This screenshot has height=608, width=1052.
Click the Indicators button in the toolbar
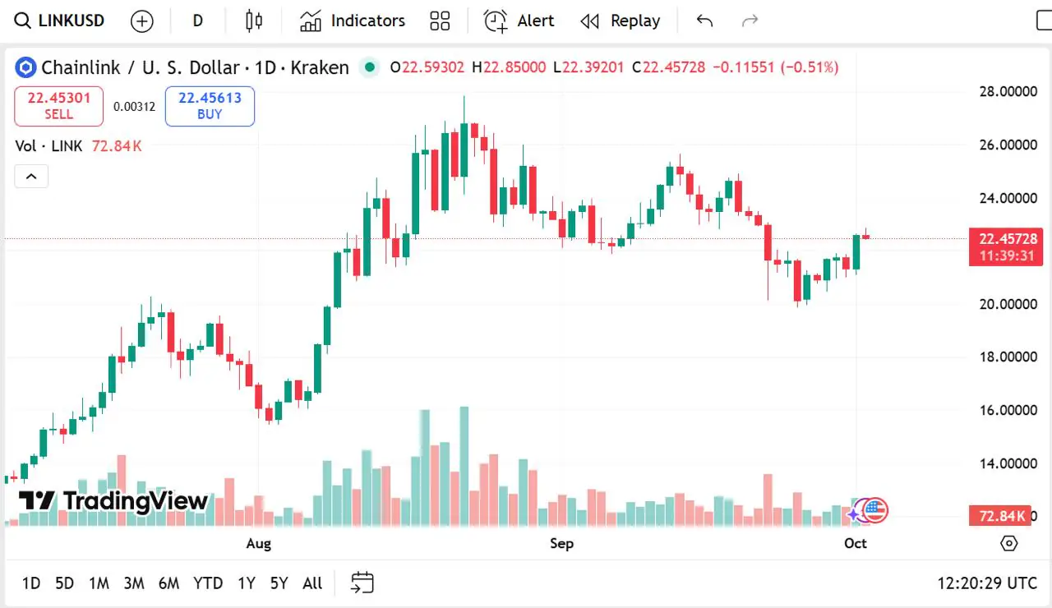coord(353,21)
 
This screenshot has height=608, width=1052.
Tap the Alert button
coord(519,21)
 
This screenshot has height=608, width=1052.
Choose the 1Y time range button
coord(246,583)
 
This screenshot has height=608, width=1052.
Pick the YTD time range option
coord(208,583)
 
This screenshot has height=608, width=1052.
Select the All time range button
coord(312,583)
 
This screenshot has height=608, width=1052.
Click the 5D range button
coord(64,583)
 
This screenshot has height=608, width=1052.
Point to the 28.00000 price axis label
coord(1008,91)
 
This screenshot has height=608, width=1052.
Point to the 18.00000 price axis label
coord(1008,357)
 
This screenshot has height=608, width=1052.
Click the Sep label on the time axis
coord(561,543)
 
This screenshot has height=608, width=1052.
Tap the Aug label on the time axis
coord(258,543)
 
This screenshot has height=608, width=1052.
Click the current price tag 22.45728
coord(1007,238)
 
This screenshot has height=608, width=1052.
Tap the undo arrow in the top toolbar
coord(704,21)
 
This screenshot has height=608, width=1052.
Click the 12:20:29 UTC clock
coord(987,583)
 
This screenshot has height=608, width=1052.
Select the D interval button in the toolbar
coord(197,21)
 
